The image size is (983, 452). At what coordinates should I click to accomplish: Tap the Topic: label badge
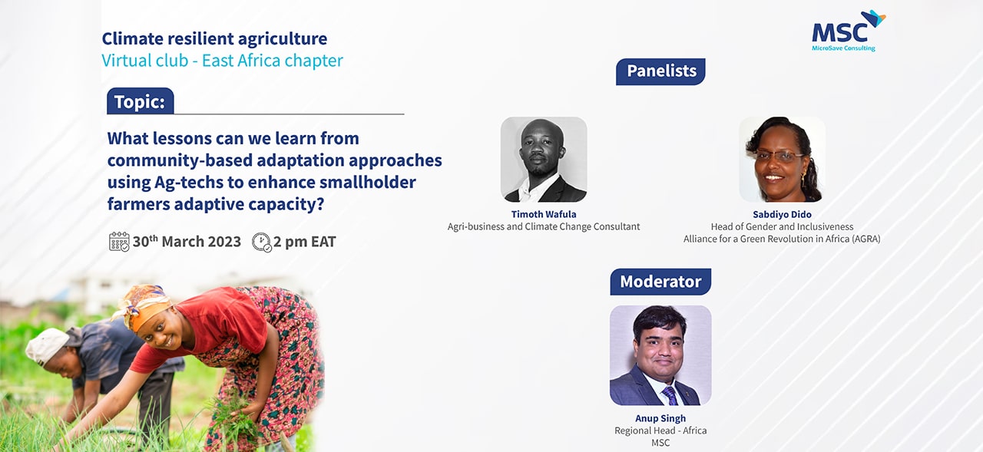coord(140,101)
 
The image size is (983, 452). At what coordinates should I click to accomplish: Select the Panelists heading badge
coord(660,71)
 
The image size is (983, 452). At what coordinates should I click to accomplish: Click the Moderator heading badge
coord(660,282)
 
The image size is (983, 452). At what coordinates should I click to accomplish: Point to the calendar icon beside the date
coord(119,242)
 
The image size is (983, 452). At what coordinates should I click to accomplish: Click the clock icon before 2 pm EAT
coord(262,242)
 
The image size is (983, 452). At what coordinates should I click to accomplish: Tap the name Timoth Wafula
coord(544,214)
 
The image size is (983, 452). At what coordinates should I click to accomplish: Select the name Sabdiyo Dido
coord(782,214)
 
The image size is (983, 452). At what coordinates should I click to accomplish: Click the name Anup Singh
coord(660,418)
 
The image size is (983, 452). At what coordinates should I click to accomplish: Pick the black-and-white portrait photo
coord(544,159)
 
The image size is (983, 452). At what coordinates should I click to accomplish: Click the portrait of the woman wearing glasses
coord(782,159)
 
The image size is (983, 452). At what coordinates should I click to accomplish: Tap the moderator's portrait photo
coord(660,355)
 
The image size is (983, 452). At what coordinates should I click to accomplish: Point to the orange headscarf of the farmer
coord(143,306)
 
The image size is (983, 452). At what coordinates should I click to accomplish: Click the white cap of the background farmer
coord(46,345)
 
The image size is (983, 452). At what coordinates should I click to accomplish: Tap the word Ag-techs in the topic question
coord(189,183)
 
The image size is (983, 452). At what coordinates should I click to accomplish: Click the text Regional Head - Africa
coord(660,431)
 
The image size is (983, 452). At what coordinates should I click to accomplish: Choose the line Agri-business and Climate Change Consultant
coord(544,226)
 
